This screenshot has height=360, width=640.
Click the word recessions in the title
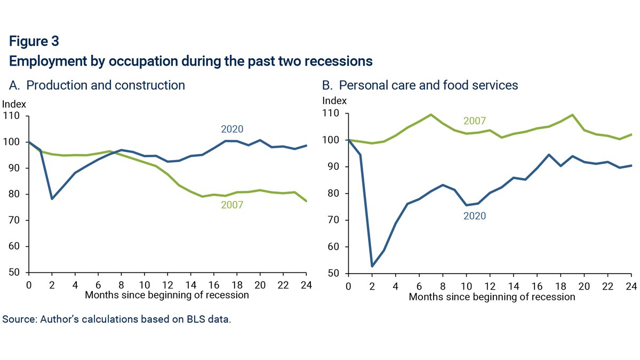pos(339,61)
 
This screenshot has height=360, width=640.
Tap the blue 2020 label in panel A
pos(232,129)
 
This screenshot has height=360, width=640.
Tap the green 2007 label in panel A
pos(232,205)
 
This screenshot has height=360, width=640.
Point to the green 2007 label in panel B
pos(475,122)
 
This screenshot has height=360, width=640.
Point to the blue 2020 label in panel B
pos(475,216)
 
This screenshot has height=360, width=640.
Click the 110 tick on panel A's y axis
pos(11,116)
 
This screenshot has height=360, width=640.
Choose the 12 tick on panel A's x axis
pos(167,284)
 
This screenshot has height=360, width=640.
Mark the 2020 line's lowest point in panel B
pos(372,266)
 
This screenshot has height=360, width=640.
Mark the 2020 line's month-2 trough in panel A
pos(52,199)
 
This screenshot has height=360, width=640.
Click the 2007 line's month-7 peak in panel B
pos(431,115)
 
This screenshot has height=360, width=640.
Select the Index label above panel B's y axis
pos(334,101)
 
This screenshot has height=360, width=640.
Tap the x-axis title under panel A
pos(167,294)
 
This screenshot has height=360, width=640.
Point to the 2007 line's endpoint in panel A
pos(307,201)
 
